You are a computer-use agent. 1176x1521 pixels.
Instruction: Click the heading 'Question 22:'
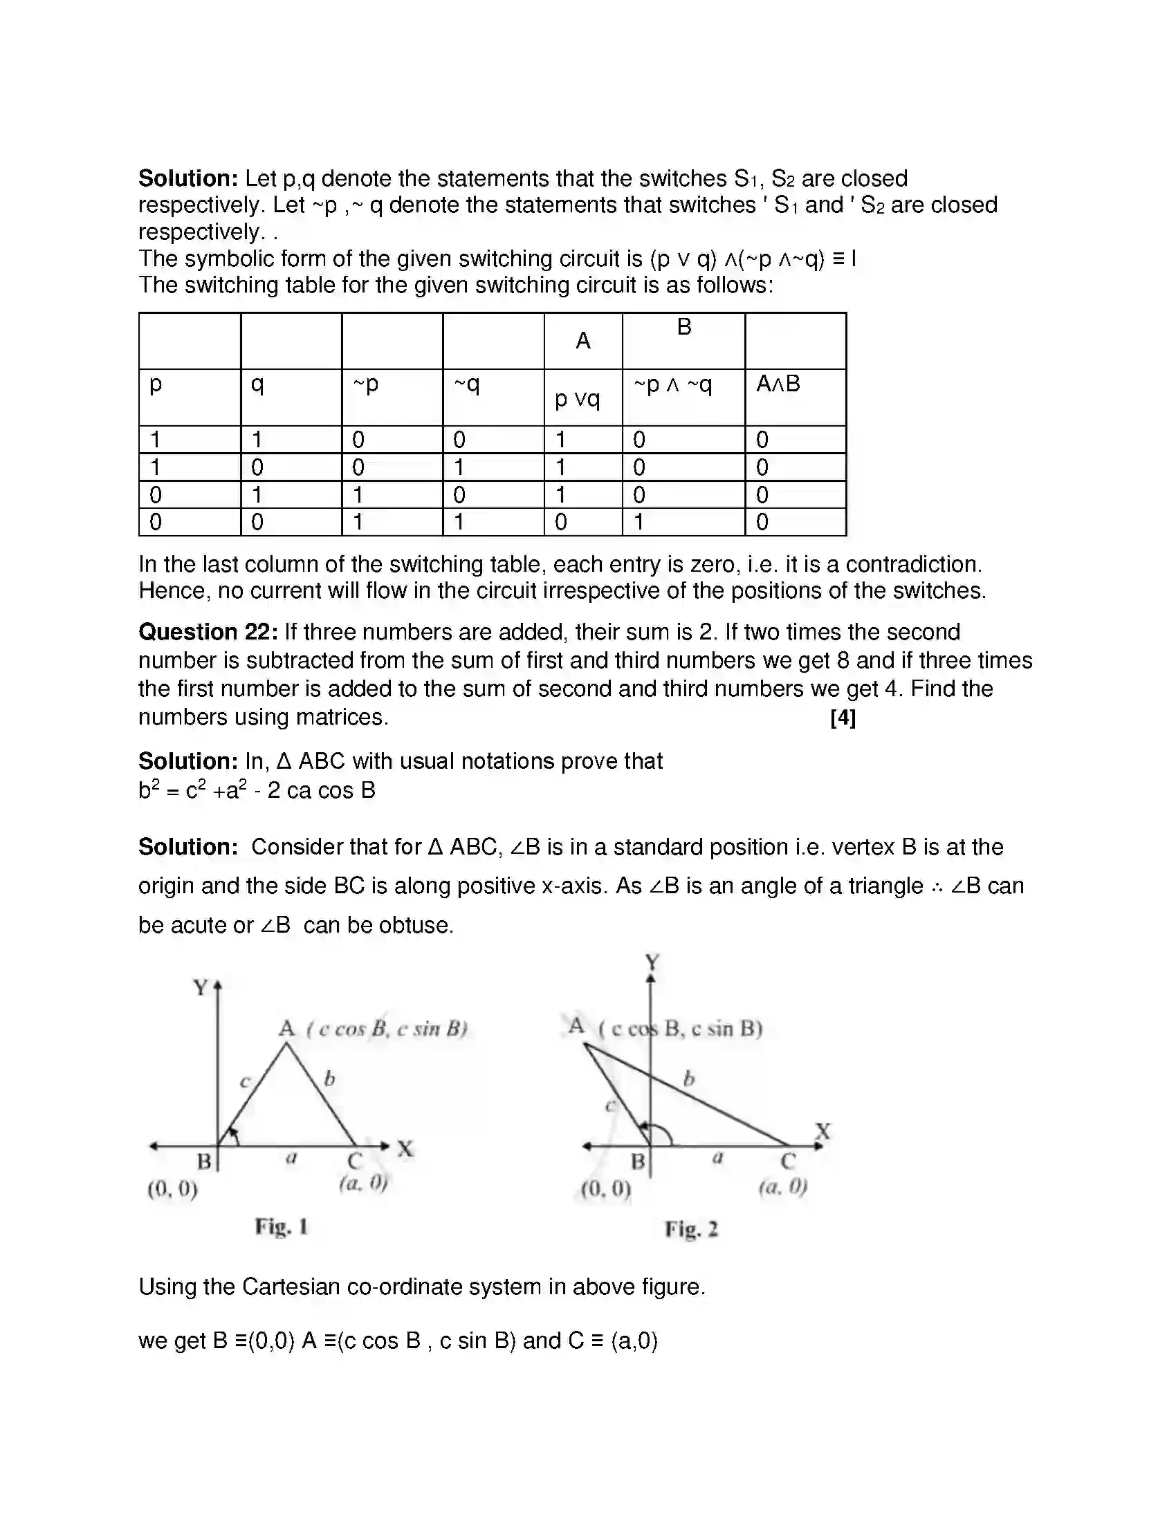[208, 632]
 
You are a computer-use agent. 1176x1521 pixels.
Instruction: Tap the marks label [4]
[843, 718]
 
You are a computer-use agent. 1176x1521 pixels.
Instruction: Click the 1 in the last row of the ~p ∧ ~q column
[638, 521]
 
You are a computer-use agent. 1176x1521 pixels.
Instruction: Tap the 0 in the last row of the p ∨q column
[561, 521]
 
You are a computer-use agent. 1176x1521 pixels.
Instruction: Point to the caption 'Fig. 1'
[282, 1226]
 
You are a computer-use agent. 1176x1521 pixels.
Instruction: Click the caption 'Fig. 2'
[691, 1229]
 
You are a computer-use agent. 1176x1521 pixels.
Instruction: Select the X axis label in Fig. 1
[405, 1148]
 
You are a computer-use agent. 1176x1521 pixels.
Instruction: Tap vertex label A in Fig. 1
[286, 1028]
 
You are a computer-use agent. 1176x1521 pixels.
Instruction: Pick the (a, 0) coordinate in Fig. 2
[783, 1186]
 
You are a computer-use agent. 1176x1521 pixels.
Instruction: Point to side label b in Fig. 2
[688, 1079]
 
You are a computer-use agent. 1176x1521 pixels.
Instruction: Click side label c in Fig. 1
[244, 1081]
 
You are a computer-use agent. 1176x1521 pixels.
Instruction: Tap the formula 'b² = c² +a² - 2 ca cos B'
[257, 790]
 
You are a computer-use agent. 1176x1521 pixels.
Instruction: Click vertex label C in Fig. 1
[354, 1161]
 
